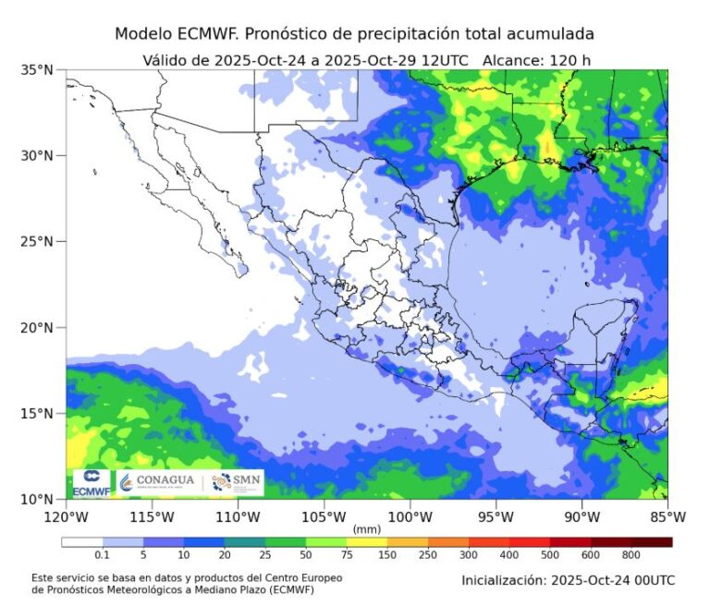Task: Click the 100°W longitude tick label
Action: point(410,516)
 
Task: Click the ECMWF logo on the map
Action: point(91,482)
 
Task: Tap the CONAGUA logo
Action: point(156,481)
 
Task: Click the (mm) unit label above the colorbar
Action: point(367,529)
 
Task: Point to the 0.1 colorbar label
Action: point(103,555)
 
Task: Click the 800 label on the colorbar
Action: point(631,555)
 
